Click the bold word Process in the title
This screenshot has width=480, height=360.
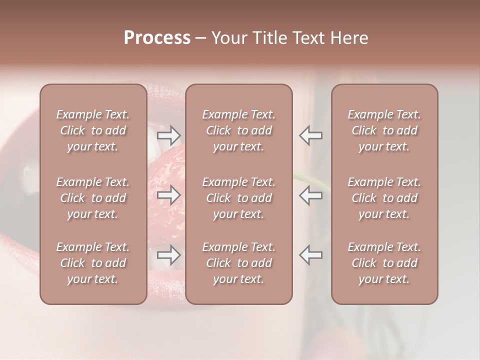coord(157,38)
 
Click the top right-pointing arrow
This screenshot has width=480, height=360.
coord(168,135)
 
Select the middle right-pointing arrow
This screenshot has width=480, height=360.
coord(168,195)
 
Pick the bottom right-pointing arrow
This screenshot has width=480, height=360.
coord(168,255)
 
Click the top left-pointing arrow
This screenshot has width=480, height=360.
coord(310,135)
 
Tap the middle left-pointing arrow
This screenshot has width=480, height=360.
coord(310,195)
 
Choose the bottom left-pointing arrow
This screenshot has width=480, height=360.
coord(310,255)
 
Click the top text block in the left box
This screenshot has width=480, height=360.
coord(93,130)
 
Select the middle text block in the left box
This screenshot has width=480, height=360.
coord(93,198)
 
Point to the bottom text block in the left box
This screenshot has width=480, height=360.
coord(93,263)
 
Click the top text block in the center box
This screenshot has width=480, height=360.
coord(238,130)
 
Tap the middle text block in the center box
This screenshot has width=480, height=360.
coord(238,198)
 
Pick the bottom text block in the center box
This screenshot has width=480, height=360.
coord(238,263)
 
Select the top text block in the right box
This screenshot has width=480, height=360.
coord(384,130)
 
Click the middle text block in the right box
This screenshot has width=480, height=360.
coord(384,198)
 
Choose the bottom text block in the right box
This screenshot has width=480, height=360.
coord(384,263)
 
